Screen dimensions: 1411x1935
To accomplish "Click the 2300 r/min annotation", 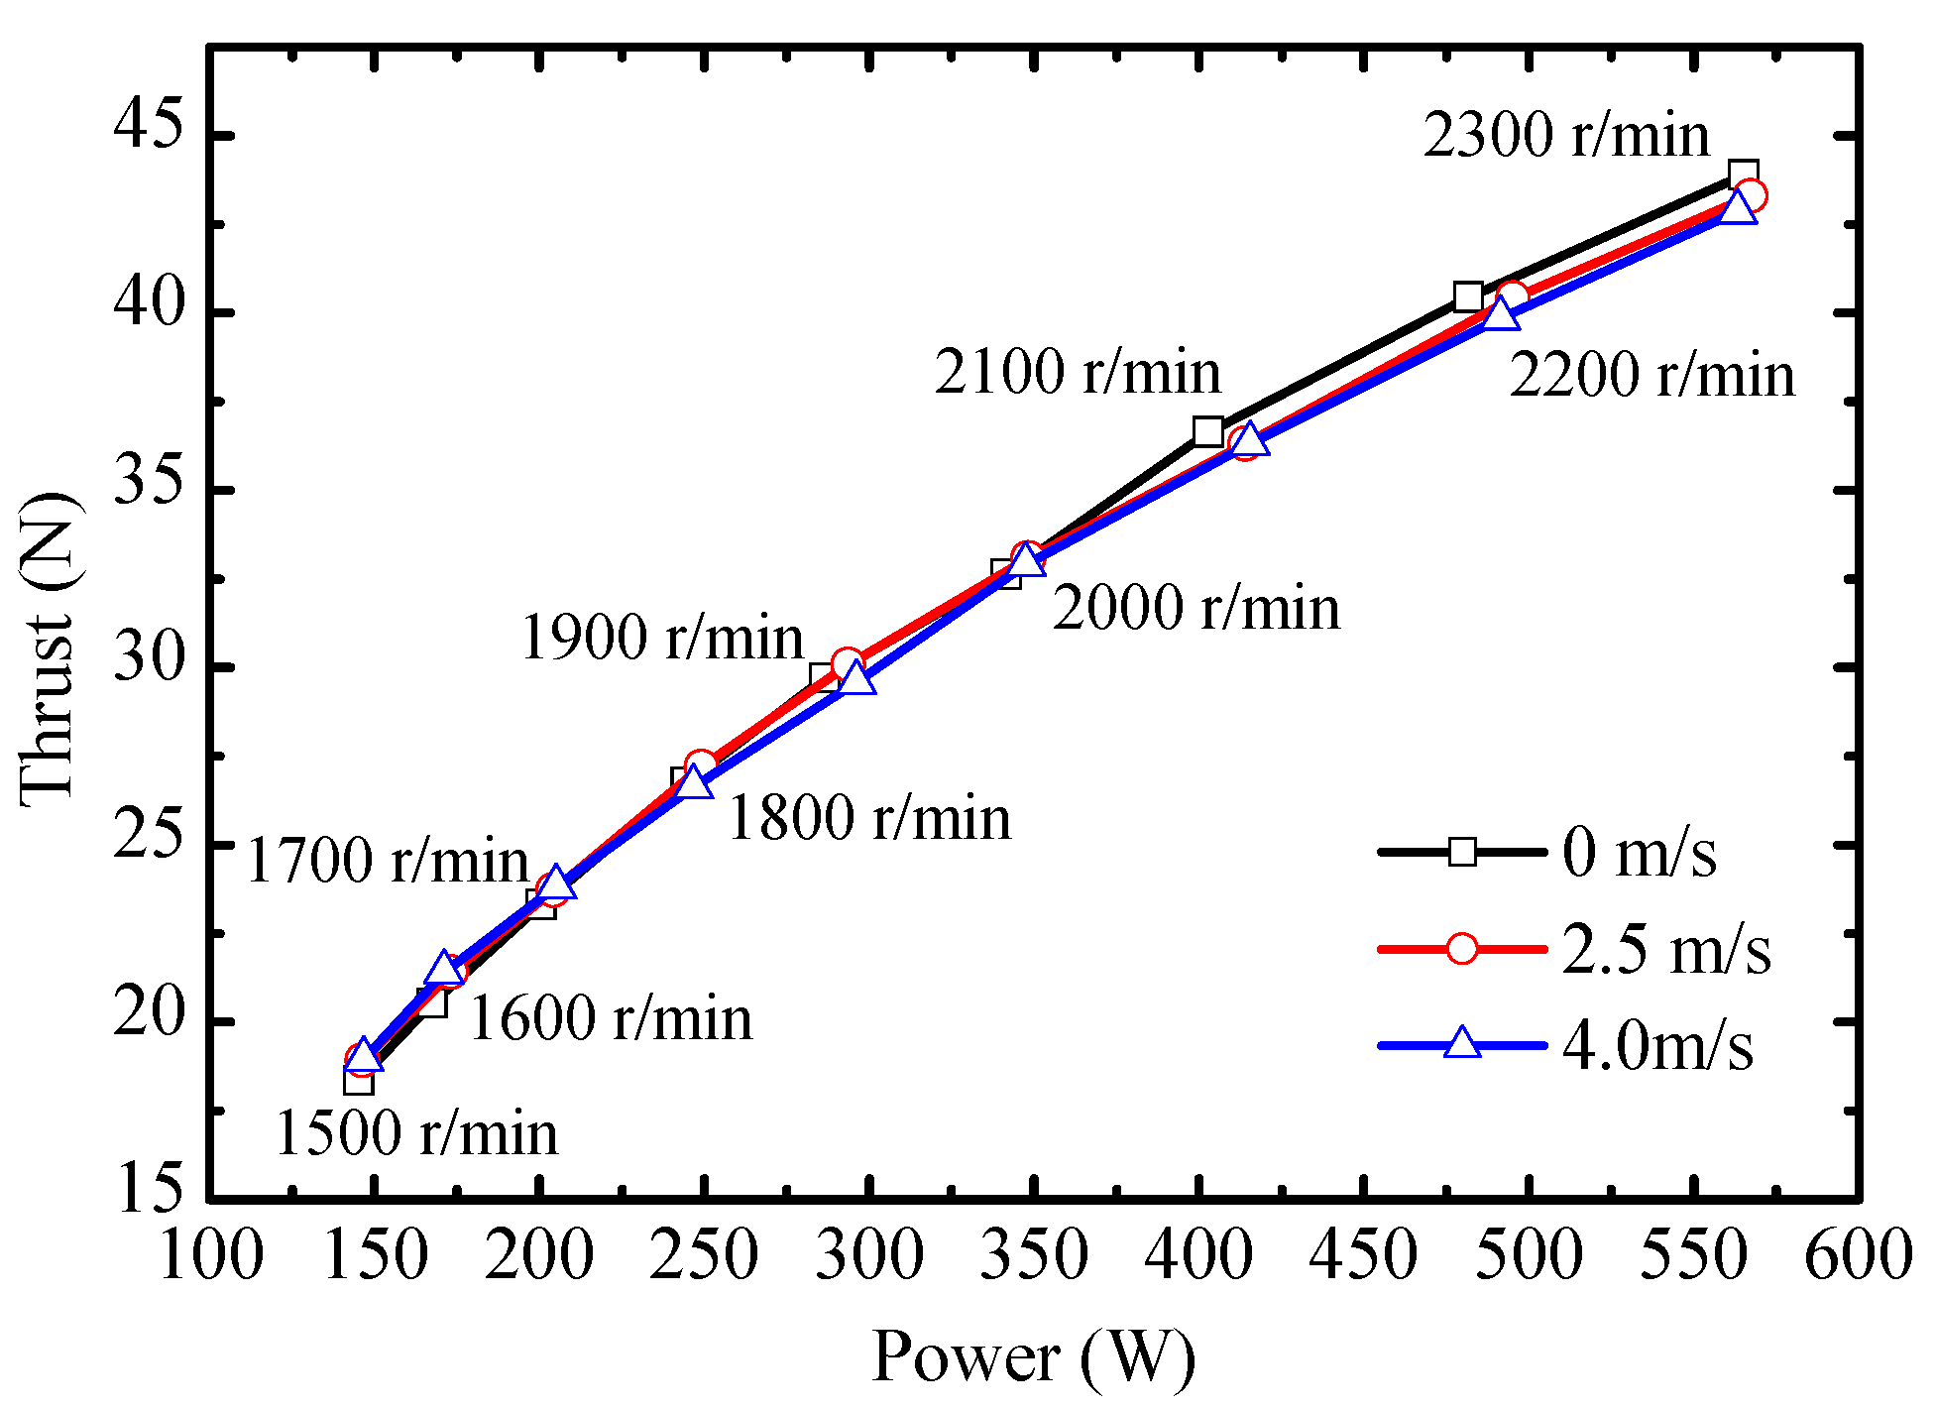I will (x=1566, y=136).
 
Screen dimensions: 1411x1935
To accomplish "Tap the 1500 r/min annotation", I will (x=416, y=1133).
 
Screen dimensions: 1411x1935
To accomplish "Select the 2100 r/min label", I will (x=1078, y=373).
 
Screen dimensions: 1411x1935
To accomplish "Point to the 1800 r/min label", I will (x=869, y=819).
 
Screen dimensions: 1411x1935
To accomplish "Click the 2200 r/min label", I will (x=1651, y=376).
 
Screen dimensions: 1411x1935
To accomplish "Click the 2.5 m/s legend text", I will (x=1666, y=950).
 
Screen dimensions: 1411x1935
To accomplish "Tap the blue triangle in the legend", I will (x=1462, y=1044).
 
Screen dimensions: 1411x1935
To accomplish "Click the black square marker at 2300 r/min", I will (x=1743, y=175).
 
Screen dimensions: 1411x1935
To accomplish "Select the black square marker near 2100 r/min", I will (x=1207, y=431).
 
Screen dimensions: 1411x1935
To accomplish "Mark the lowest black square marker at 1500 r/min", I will (x=359, y=1080).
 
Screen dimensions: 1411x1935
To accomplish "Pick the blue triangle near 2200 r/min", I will (x=1502, y=314).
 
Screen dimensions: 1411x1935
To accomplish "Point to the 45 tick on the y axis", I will (x=149, y=134).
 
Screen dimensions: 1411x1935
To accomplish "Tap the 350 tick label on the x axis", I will (x=1033, y=1255).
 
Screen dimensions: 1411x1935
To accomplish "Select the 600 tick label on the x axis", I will (x=1857, y=1255).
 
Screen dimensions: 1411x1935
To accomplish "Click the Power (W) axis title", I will (x=1033, y=1356).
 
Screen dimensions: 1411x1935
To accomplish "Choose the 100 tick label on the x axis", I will (x=210, y=1255).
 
